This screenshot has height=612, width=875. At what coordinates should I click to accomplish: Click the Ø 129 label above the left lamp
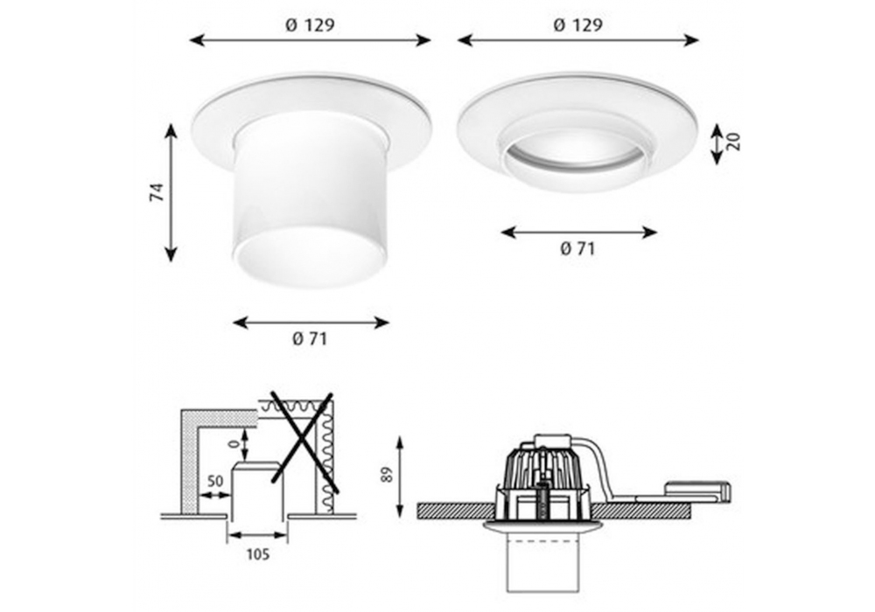coord(310,25)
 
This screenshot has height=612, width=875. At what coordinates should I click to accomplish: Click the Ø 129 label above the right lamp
coord(578,25)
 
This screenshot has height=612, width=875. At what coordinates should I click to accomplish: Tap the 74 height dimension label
coord(157,192)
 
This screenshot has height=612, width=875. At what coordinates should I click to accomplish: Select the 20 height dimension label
coord(734,142)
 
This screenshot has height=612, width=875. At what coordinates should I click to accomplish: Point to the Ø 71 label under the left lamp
coord(310,339)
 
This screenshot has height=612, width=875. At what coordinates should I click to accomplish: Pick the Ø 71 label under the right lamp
coord(577,248)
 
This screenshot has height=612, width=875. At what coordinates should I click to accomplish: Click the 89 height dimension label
coord(388,475)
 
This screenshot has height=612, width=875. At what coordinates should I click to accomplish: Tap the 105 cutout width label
coord(258,554)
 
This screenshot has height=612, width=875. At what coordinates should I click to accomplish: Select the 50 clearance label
coord(215,480)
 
